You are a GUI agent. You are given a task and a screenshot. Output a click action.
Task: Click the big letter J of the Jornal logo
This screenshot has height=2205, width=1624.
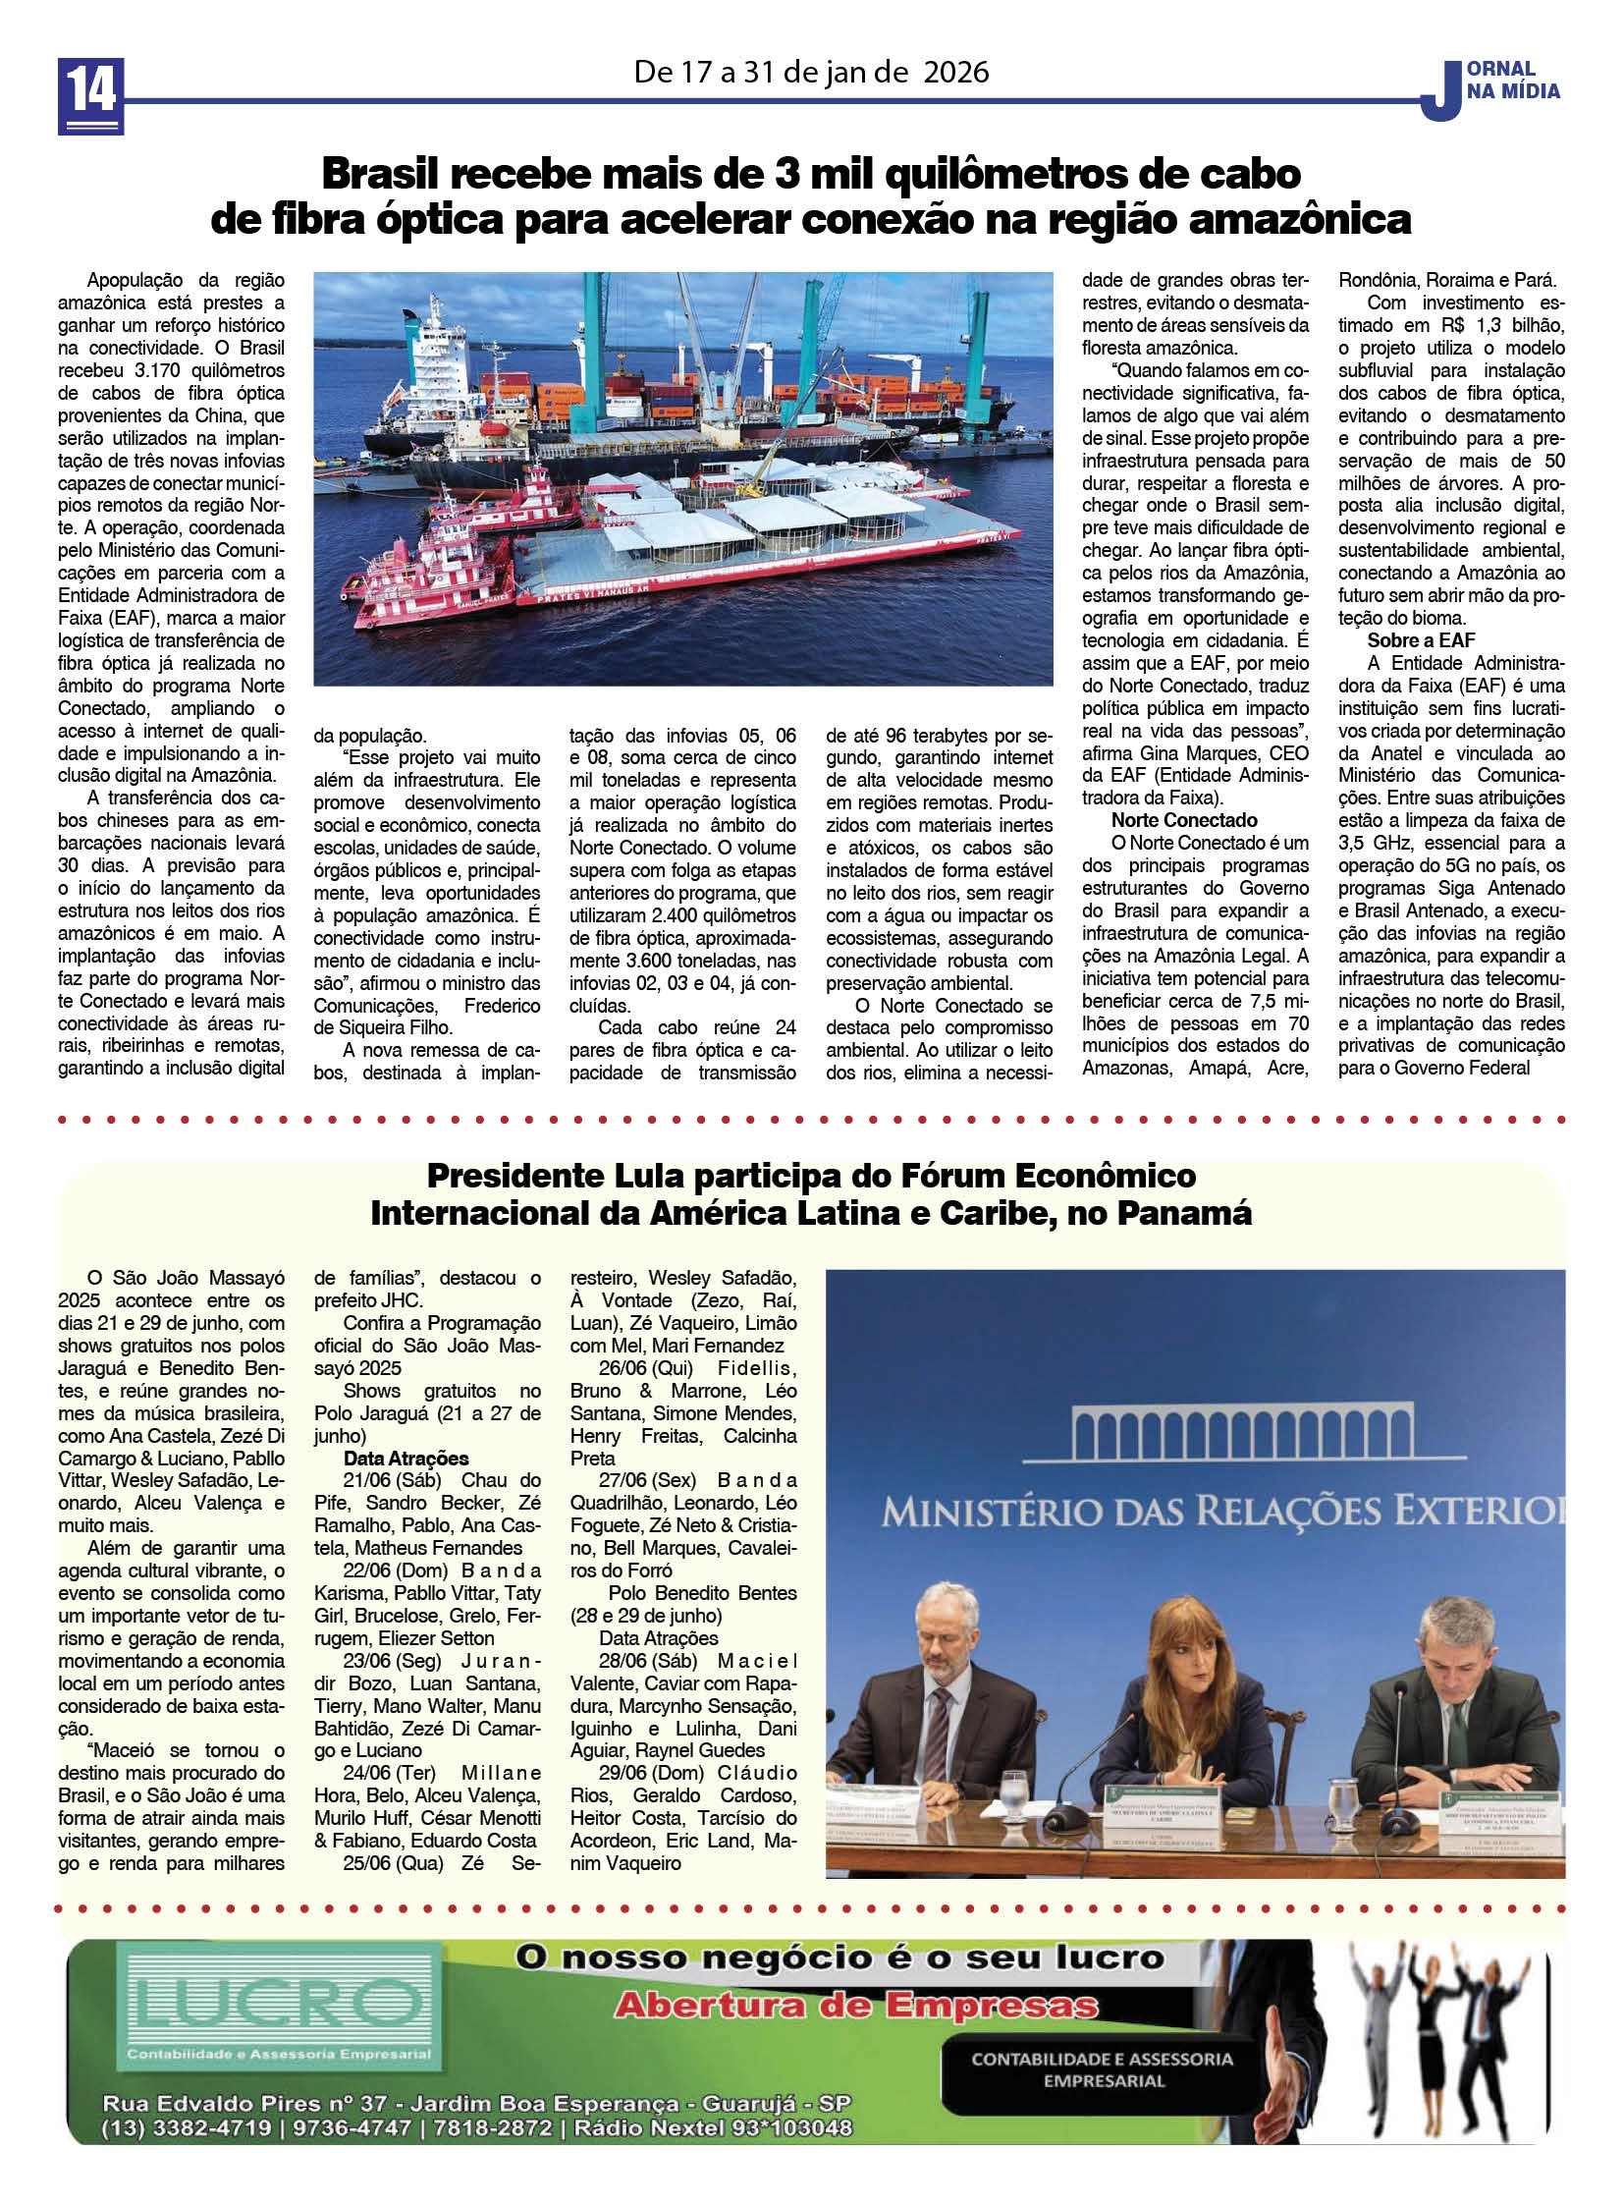(x=1436, y=89)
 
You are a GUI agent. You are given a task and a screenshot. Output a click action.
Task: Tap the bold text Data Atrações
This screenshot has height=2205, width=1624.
(x=406, y=1459)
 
